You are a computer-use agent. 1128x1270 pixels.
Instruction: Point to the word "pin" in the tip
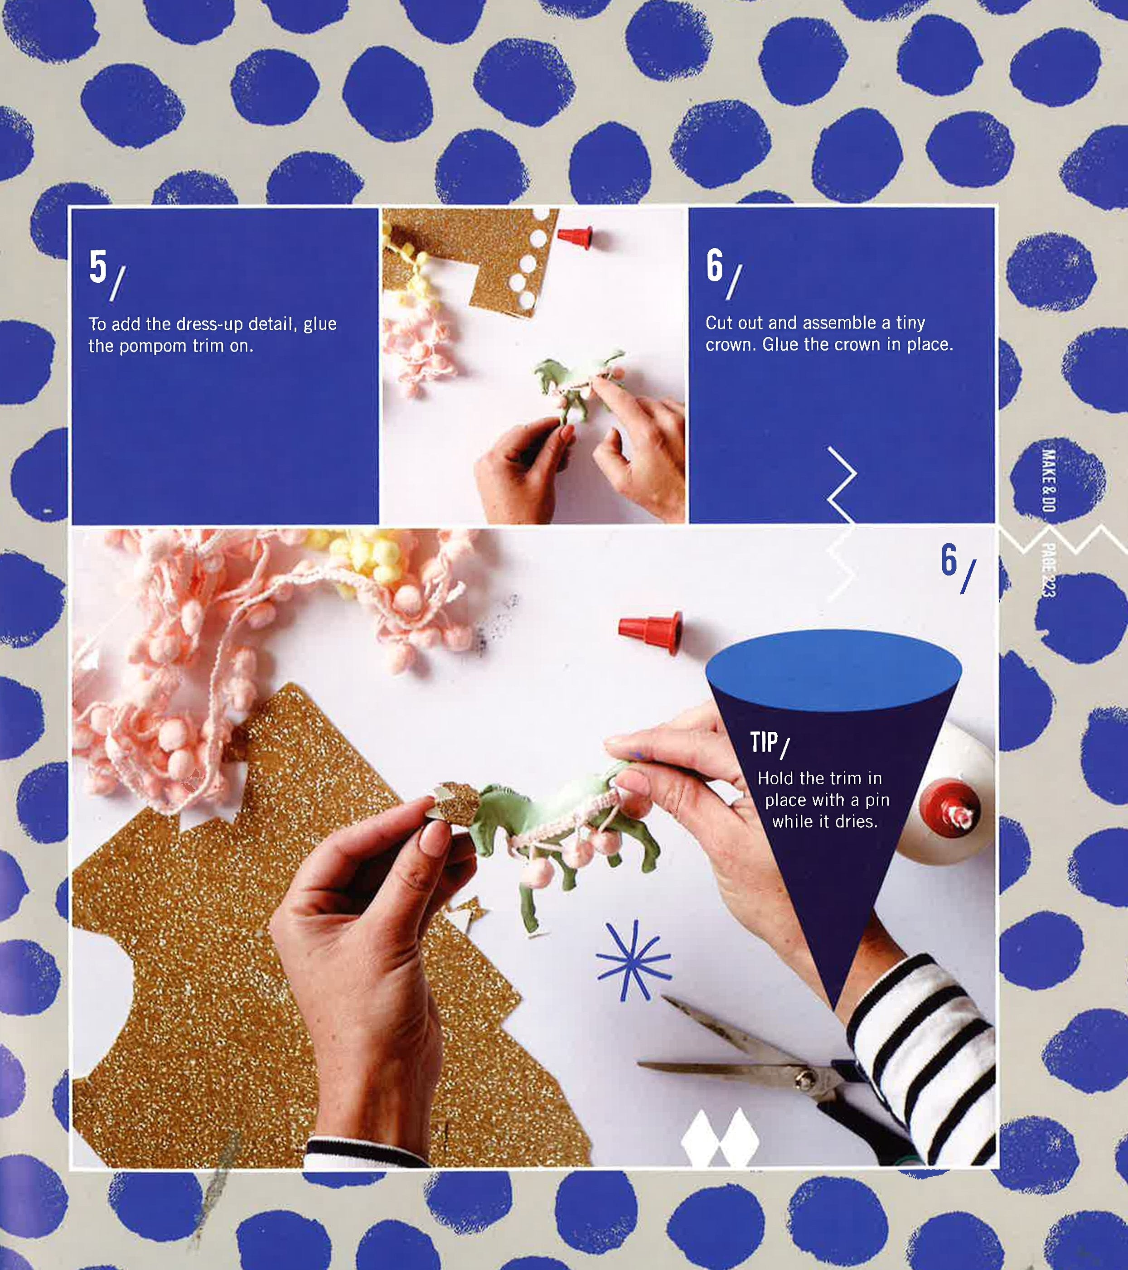coord(877,800)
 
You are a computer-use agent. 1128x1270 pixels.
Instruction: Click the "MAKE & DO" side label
coord(1048,480)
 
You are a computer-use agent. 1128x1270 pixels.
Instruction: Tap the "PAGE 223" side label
coord(1048,570)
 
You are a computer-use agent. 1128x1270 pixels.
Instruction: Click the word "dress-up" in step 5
coord(209,324)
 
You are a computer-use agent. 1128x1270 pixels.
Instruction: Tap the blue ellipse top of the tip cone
coord(833,669)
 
